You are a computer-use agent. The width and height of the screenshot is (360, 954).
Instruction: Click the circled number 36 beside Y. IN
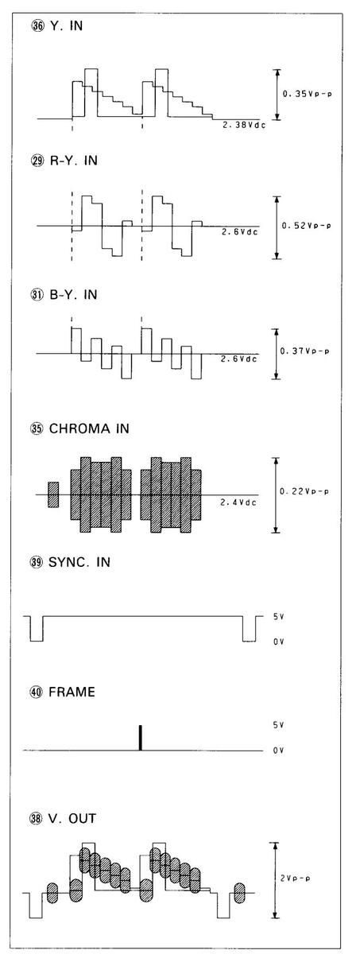(x=37, y=26)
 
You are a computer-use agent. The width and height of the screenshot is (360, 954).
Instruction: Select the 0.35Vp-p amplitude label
(x=307, y=94)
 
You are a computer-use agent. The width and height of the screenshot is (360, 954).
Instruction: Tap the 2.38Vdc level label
(x=244, y=126)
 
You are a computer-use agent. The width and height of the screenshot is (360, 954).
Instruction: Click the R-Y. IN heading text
(x=74, y=161)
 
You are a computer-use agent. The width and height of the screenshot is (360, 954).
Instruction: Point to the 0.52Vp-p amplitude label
(x=306, y=225)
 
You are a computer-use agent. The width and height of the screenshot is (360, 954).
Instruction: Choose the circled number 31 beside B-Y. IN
(x=37, y=295)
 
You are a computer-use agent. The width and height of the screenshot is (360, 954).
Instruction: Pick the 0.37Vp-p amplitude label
(x=304, y=351)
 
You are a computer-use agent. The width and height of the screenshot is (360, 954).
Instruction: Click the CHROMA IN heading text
(x=89, y=429)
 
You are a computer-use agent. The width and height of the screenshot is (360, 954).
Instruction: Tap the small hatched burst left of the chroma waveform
(x=53, y=494)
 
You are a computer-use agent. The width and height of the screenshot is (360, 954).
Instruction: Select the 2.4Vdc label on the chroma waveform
(x=238, y=502)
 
